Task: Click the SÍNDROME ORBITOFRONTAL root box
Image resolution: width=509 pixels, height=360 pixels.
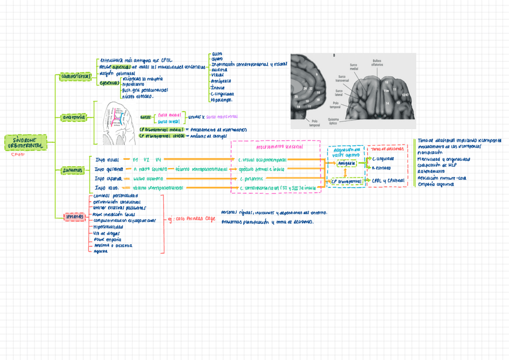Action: [x=24, y=142]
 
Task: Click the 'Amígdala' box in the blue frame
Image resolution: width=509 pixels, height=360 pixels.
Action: [x=346, y=163]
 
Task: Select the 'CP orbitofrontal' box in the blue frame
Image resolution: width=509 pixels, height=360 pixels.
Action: [x=346, y=181]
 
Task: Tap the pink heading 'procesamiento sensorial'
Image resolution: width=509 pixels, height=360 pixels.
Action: [x=279, y=146]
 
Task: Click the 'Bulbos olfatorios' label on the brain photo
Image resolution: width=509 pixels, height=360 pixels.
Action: [x=376, y=62]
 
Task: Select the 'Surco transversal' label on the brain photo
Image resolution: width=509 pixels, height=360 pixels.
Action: [x=341, y=79]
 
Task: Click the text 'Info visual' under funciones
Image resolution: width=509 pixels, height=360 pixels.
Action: [x=107, y=160]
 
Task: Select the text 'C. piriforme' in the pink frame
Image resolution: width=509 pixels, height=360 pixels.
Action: [x=253, y=179]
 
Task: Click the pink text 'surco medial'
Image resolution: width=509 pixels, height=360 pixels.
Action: [x=169, y=114]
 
